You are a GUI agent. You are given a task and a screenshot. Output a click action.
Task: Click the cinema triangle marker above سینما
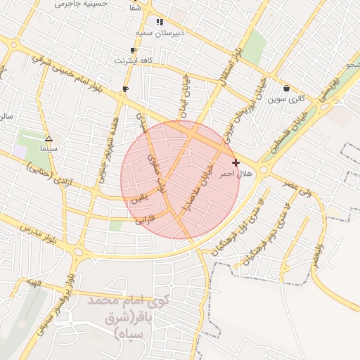point(49,139)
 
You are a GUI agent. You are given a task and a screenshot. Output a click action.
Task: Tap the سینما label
point(49,149)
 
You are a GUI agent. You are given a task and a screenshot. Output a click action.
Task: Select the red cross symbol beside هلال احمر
point(236,162)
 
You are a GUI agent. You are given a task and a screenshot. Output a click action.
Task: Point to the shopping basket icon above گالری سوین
point(287,89)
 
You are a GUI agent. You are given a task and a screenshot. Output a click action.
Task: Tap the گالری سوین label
point(287,99)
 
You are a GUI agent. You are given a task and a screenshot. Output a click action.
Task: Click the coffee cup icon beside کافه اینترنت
point(133,50)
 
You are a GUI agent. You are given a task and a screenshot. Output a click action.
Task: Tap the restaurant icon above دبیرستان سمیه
point(160,22)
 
